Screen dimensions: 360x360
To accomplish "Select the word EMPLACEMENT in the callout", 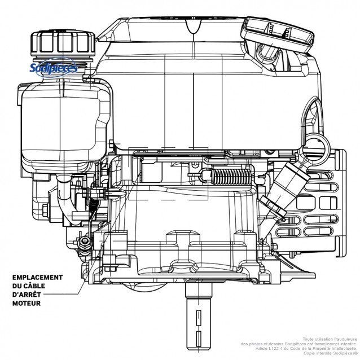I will [x=37, y=278].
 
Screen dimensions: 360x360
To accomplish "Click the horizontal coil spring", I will [x=231, y=178].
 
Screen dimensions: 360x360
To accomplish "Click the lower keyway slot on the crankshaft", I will [x=199, y=339].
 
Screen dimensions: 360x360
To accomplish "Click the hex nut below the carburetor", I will [x=85, y=242].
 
